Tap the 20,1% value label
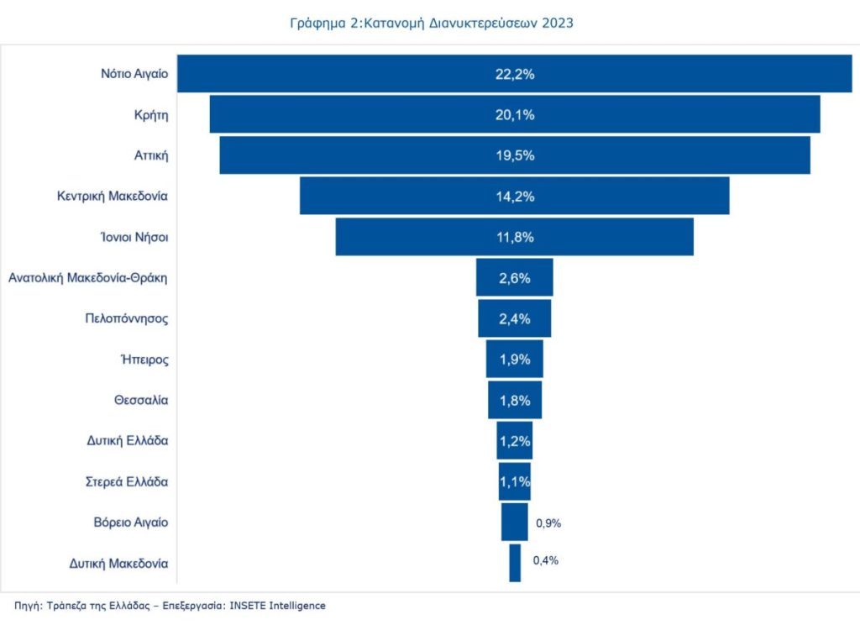[514, 114]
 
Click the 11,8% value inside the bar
[514, 237]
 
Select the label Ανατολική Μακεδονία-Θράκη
[88, 277]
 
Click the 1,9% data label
[514, 360]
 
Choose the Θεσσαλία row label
[141, 400]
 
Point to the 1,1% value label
[514, 481]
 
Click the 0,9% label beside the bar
[548, 523]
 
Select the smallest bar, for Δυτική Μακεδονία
[515, 563]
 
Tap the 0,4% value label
[546, 560]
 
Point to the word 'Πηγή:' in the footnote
[29, 605]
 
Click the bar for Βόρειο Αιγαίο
[514, 522]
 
